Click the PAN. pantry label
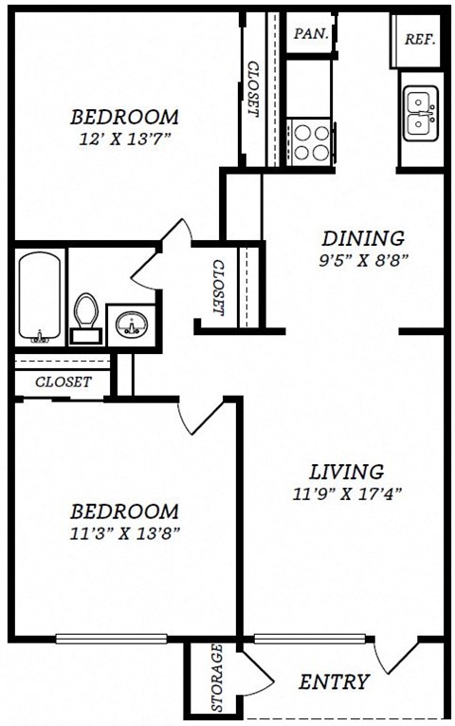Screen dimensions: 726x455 [310, 33]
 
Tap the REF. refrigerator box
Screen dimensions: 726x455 [419, 39]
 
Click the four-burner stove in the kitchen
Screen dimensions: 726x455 [308, 141]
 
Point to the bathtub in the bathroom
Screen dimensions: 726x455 [39, 297]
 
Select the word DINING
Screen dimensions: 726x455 [362, 238]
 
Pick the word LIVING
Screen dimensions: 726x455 [347, 472]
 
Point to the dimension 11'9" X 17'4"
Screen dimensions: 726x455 [347, 493]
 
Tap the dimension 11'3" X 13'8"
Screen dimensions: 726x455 [124, 532]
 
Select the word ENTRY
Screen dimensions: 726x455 [334, 681]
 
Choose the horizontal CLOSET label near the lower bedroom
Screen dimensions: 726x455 [64, 382]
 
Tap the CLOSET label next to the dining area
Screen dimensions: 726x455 [218, 288]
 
